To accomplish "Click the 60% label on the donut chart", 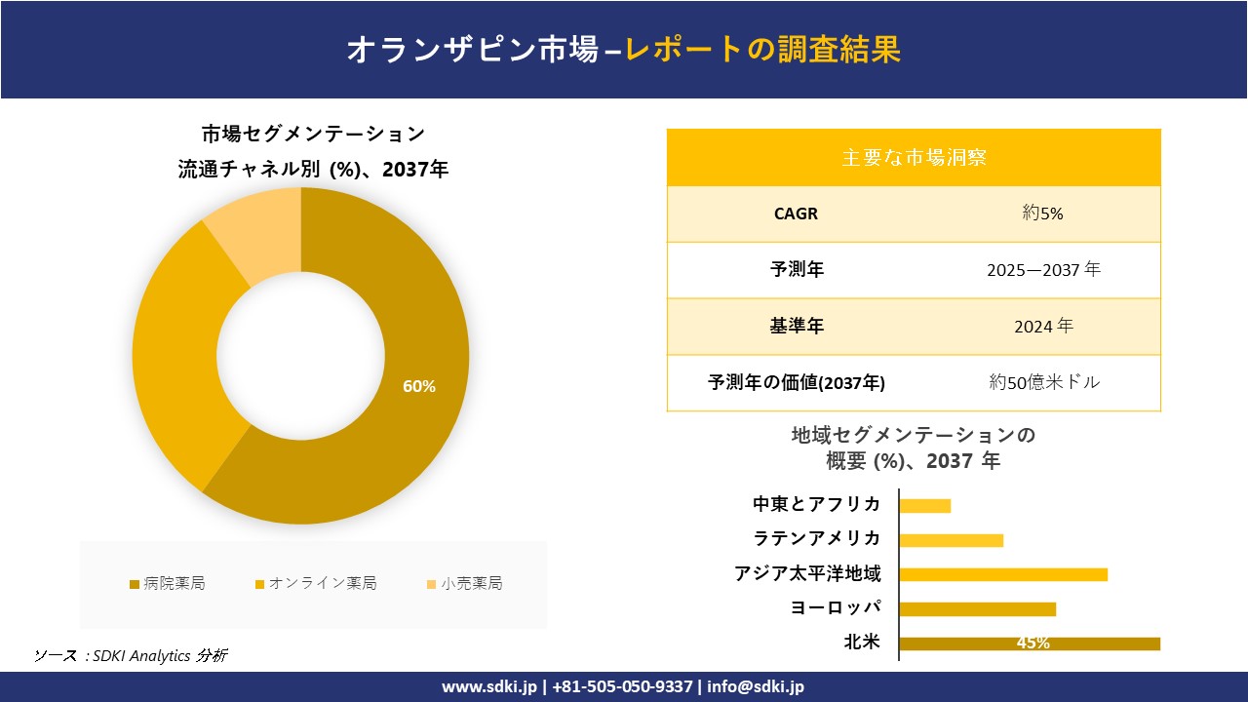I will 419,386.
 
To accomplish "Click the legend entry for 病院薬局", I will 167,584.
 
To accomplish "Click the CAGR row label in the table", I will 796,214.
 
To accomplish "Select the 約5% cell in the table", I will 1042,214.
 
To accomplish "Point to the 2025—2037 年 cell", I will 1042,270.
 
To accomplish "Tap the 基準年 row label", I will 797,327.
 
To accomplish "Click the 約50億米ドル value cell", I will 1043,383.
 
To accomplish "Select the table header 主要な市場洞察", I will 914,157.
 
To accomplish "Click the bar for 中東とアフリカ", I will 924,505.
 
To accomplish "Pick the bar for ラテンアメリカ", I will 951,540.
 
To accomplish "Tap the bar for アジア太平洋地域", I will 1003,574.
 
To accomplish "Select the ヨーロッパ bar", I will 977,608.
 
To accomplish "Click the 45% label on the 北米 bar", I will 1033,643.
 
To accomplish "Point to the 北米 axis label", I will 862,642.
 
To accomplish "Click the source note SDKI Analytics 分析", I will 131,655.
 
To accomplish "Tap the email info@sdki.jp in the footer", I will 756,686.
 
